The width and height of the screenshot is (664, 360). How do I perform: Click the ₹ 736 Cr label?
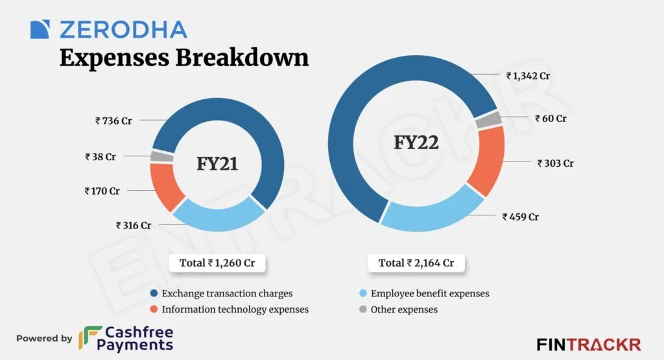[113, 121]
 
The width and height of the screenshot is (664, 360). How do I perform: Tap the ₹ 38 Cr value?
[100, 156]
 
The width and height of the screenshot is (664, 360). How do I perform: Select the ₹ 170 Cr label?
[102, 191]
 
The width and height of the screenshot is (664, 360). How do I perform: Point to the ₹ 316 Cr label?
[134, 226]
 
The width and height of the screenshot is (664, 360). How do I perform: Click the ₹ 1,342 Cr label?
[528, 76]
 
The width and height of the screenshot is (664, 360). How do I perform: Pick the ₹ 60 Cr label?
[551, 119]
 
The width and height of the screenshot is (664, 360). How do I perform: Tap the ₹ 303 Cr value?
[555, 163]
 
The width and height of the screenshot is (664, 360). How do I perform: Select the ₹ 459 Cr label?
[520, 217]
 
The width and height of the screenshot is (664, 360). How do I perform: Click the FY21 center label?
[217, 164]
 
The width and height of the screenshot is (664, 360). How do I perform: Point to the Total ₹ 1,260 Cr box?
[218, 263]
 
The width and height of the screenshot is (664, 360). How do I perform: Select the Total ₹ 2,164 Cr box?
[416, 263]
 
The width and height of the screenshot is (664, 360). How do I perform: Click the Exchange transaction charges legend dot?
[153, 293]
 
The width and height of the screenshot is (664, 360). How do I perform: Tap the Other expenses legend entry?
[403, 309]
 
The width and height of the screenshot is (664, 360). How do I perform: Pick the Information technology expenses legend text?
[235, 309]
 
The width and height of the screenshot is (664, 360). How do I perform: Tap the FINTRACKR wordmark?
[588, 344]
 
